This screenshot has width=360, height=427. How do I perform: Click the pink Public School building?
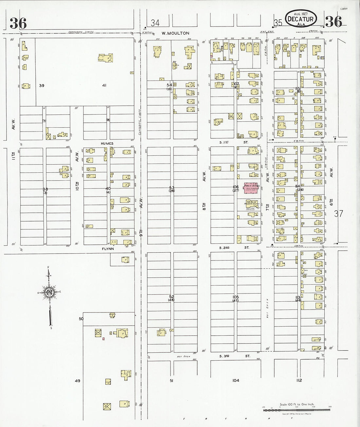click(x=252, y=189)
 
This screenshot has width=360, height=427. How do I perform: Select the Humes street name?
click(x=107, y=143)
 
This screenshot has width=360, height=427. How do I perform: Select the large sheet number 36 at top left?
click(x=18, y=23)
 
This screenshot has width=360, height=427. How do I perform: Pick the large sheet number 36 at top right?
click(x=334, y=22)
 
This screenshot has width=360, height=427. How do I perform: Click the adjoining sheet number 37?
click(x=339, y=214)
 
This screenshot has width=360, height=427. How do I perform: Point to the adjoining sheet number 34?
click(x=155, y=23)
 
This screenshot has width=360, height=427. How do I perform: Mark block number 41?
click(x=104, y=85)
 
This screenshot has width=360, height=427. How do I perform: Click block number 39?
click(x=42, y=85)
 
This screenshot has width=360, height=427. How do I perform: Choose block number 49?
click(x=77, y=381)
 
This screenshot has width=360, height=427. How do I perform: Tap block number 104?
click(x=236, y=380)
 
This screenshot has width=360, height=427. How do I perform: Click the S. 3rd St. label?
click(x=234, y=356)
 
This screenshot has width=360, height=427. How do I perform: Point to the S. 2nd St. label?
click(x=234, y=248)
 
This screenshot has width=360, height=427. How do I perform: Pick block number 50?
click(x=81, y=318)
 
